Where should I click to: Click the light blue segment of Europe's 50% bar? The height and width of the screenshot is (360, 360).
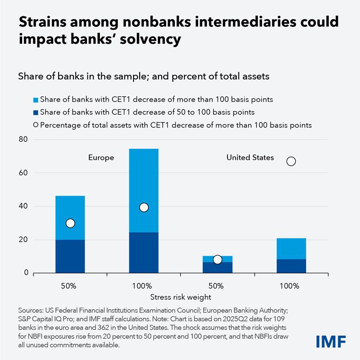click(x=70, y=207)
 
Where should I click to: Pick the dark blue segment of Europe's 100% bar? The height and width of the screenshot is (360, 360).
click(x=144, y=252)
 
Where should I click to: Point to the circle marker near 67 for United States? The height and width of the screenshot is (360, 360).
click(x=291, y=161)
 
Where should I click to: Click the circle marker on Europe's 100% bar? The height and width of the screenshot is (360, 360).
click(x=144, y=207)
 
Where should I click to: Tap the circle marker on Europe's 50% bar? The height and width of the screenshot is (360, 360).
click(x=70, y=223)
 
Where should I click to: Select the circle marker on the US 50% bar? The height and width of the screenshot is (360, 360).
click(x=217, y=260)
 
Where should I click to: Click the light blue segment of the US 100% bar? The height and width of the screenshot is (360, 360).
click(x=291, y=248)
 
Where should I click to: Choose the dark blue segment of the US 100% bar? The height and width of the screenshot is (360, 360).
click(x=291, y=266)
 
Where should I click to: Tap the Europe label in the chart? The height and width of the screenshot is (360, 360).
click(x=101, y=158)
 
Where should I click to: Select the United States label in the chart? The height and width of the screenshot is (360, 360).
click(x=250, y=158)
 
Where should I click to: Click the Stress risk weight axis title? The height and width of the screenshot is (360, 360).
click(x=180, y=297)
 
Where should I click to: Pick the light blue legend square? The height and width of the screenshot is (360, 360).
click(x=36, y=99)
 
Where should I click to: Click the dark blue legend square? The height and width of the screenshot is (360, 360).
click(x=36, y=112)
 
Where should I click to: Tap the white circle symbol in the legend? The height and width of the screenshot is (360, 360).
click(x=36, y=125)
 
